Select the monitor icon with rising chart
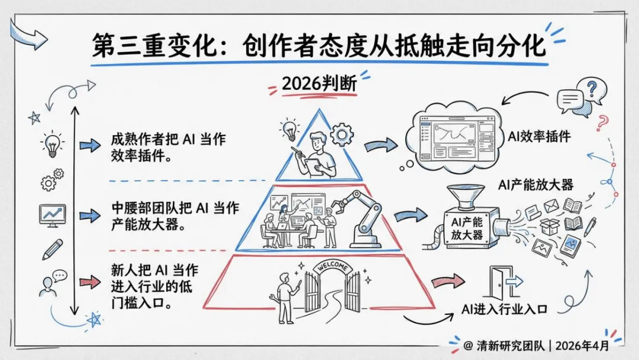pyautogui.click(x=51, y=214)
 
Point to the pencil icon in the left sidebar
pyautogui.click(x=52, y=249)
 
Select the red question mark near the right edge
pyautogui.click(x=602, y=123)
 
